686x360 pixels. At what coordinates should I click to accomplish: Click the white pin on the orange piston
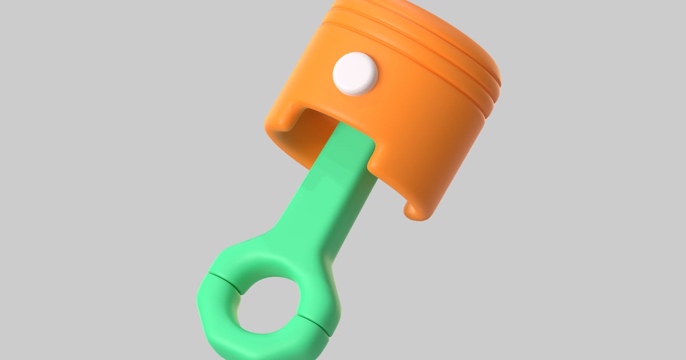(x=356, y=73)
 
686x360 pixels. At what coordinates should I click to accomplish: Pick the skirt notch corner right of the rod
(x=374, y=166)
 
